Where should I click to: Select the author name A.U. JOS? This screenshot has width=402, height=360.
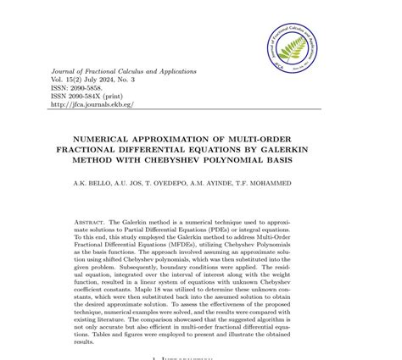pos(141,183)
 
